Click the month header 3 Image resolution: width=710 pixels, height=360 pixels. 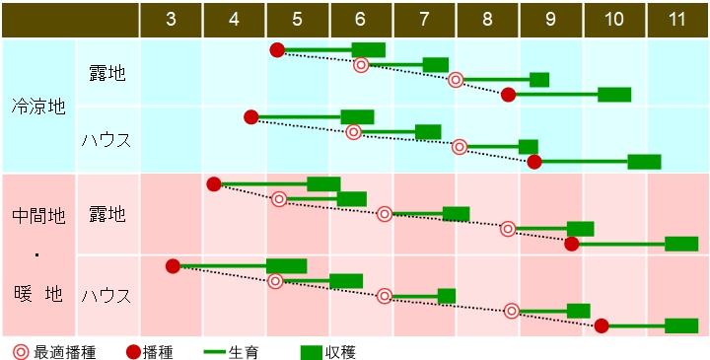(x=172, y=20)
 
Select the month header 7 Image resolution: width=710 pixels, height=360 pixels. (x=424, y=20)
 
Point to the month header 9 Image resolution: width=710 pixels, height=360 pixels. (x=550, y=20)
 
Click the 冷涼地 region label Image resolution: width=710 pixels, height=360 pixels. (x=38, y=106)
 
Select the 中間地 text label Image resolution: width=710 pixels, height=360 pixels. (x=38, y=215)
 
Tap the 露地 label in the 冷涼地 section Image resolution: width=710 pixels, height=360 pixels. (x=106, y=72)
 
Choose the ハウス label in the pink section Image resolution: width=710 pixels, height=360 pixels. (x=106, y=295)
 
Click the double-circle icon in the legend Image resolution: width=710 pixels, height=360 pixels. (x=21, y=351)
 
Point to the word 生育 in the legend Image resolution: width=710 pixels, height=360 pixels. (x=244, y=351)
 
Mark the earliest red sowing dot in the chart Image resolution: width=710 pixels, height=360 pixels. (x=173, y=266)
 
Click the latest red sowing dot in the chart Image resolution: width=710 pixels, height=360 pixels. (x=602, y=325)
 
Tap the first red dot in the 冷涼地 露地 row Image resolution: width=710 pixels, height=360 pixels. (x=277, y=50)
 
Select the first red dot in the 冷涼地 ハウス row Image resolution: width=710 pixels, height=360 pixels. (x=250, y=117)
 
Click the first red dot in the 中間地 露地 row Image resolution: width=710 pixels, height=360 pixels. (x=214, y=184)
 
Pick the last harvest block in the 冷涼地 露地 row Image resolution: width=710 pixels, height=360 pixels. (x=614, y=95)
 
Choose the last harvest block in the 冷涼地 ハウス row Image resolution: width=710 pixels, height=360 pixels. (x=644, y=162)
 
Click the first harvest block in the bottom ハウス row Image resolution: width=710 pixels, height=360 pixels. (x=286, y=266)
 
